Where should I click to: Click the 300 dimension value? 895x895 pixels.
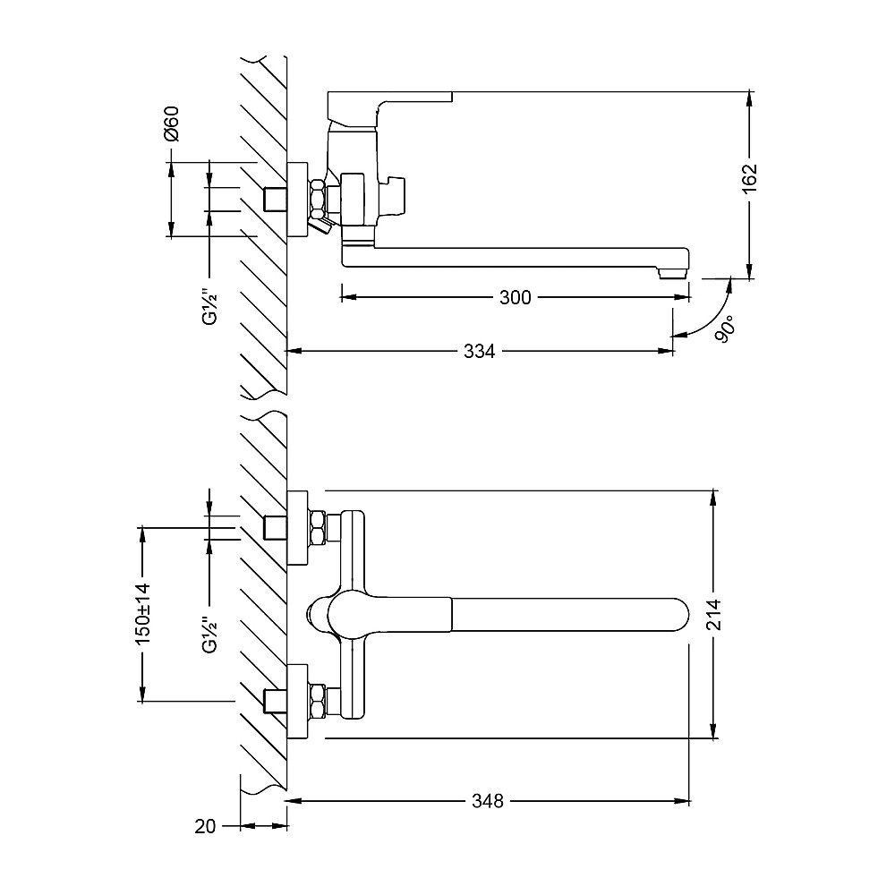(x=515, y=297)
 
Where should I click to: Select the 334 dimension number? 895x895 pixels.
(x=479, y=351)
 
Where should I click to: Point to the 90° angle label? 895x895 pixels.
(x=725, y=329)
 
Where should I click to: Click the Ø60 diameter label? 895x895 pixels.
(x=171, y=124)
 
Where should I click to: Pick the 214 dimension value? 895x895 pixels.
(x=713, y=614)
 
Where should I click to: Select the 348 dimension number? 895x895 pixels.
(x=488, y=801)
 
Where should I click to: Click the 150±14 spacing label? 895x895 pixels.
(x=142, y=614)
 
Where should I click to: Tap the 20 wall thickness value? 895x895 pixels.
(x=205, y=826)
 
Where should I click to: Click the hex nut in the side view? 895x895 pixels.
(x=317, y=198)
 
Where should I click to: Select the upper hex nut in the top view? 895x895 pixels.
(x=318, y=527)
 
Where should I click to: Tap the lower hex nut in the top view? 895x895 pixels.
(x=318, y=700)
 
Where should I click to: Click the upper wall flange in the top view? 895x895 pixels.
(x=297, y=527)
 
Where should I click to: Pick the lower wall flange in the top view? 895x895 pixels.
(x=297, y=702)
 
